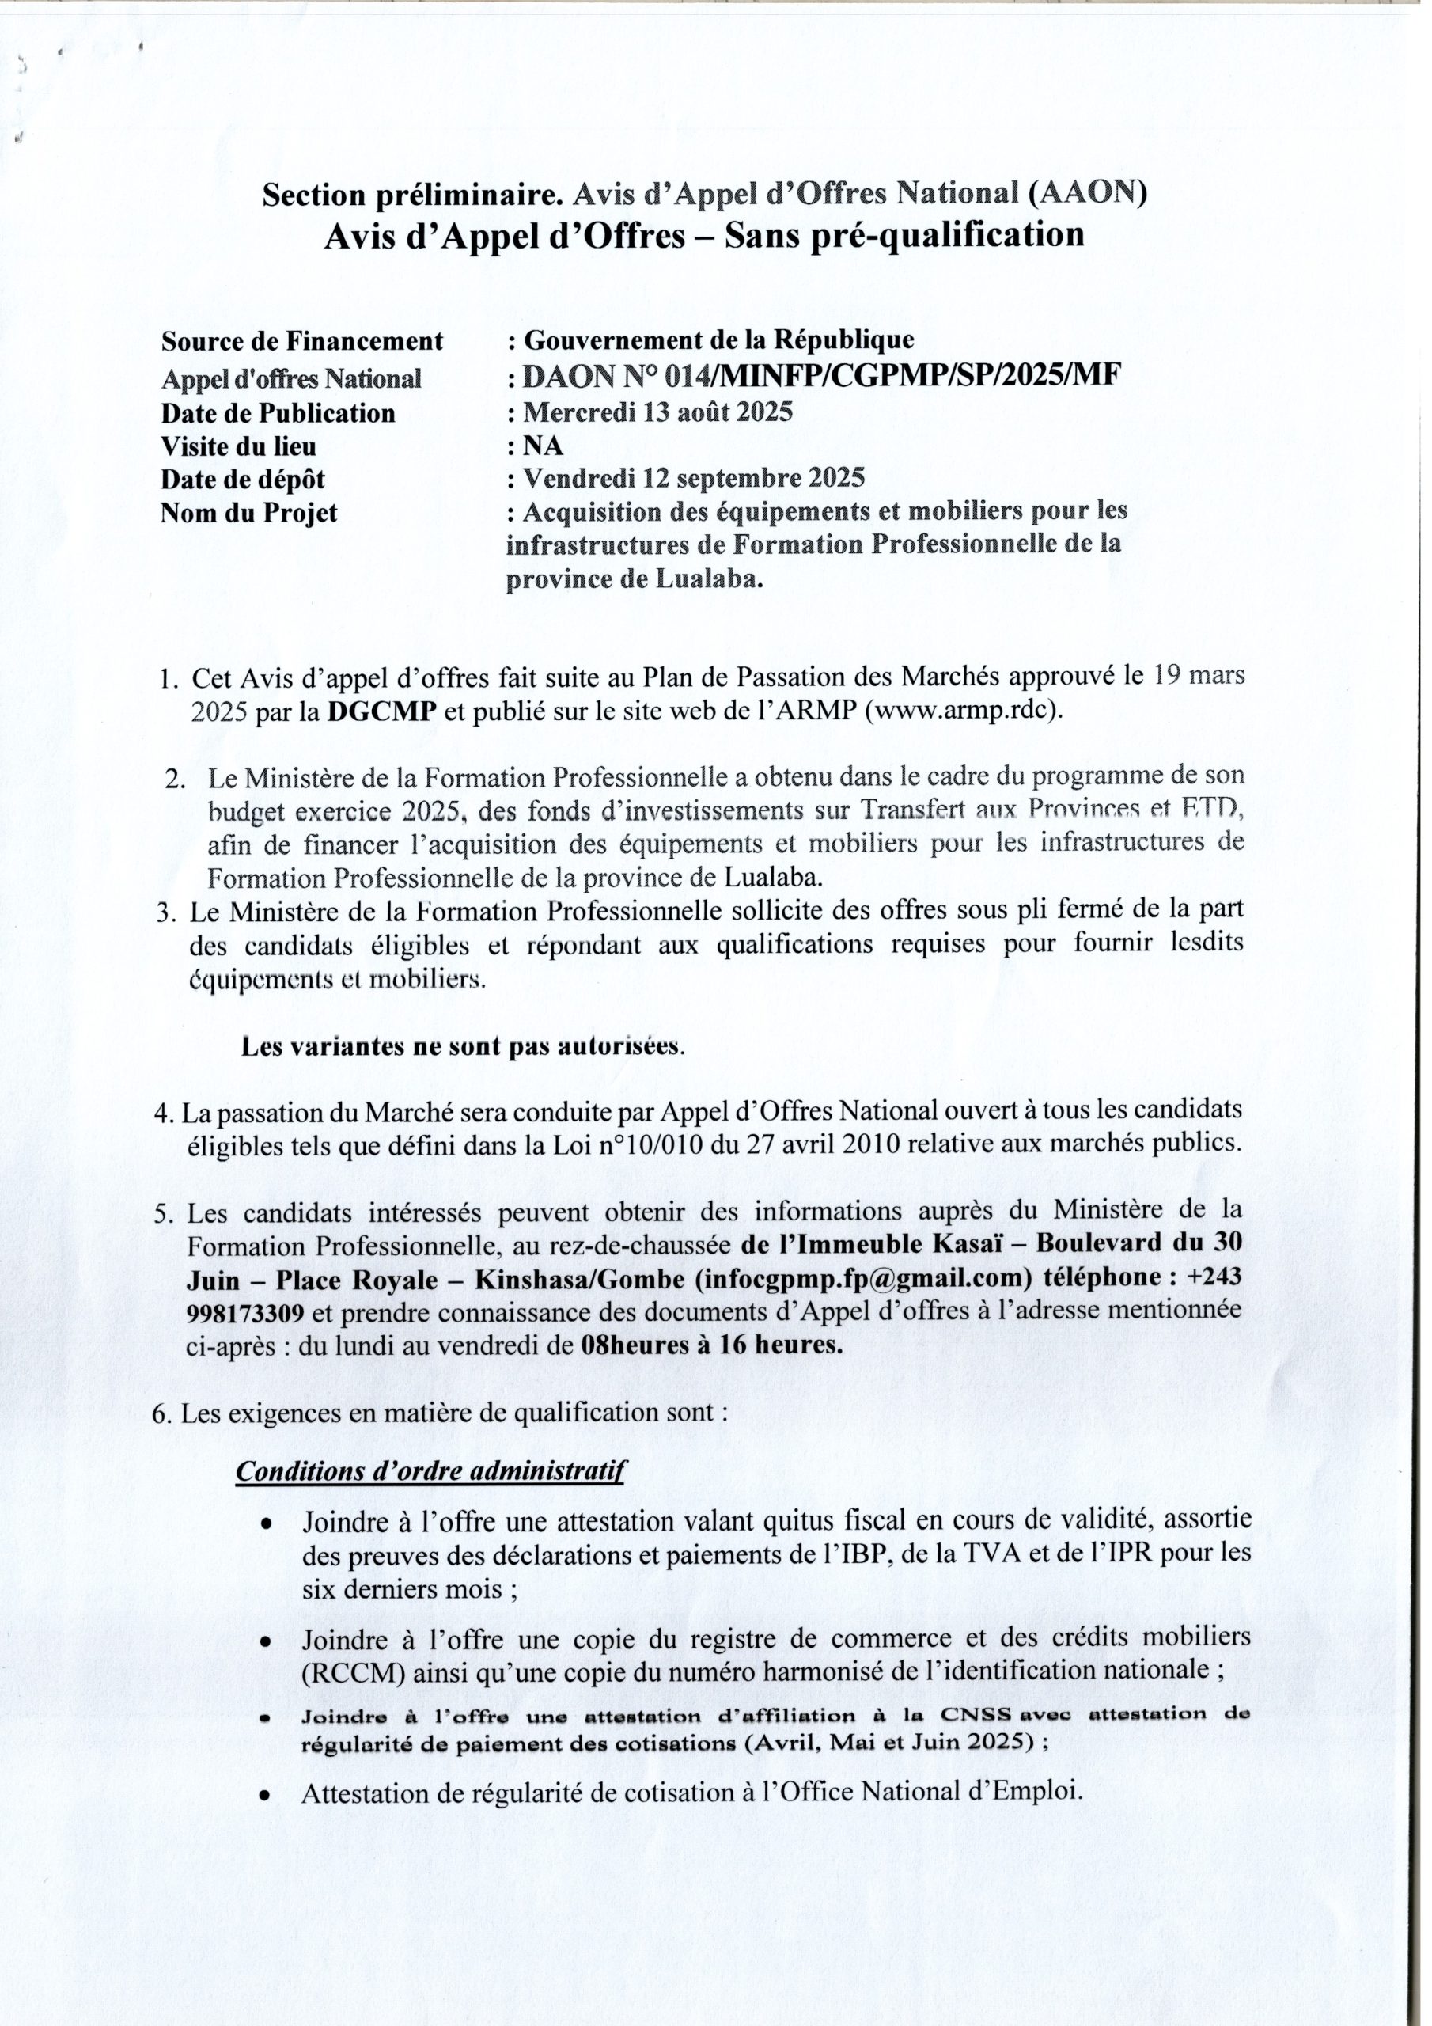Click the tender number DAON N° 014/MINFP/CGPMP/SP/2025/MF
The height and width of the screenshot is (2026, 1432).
pos(821,377)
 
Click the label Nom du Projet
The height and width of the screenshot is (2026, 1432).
pos(248,513)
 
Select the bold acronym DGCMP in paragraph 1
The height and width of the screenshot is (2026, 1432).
pos(383,713)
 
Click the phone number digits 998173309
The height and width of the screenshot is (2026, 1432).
pos(246,1312)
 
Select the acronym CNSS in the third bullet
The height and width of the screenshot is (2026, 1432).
pos(972,1717)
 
